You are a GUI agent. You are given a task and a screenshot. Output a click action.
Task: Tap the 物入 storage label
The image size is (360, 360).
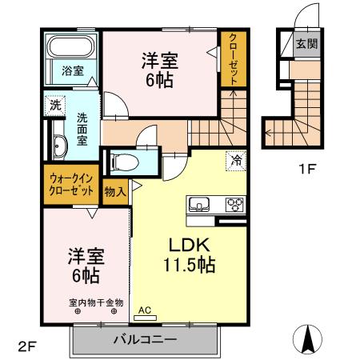pos(114,191)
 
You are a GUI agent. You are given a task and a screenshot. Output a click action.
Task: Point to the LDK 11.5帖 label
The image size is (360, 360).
pos(190,254)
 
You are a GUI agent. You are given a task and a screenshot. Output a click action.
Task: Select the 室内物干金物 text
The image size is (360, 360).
pos(95,302)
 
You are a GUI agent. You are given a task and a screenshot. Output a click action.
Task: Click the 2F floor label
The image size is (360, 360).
pos(28,346)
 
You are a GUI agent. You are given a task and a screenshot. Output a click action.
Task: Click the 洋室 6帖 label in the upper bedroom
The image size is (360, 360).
pos(160,70)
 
